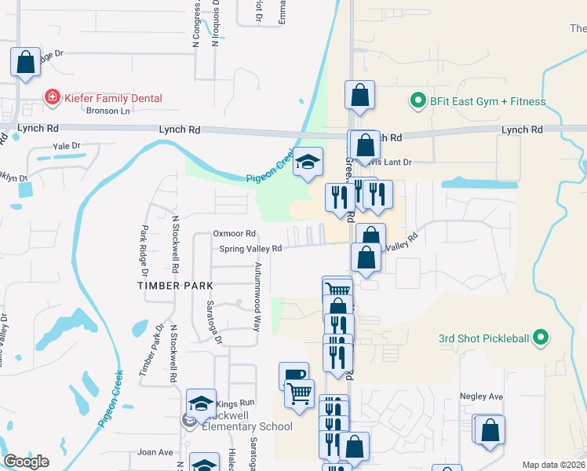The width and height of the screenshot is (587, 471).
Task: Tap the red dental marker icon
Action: [x=52, y=98]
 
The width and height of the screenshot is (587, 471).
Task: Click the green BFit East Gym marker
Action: [x=416, y=101]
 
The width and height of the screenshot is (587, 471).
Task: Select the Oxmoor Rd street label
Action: [x=235, y=234]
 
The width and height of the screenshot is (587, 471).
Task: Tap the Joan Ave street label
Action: [x=155, y=452]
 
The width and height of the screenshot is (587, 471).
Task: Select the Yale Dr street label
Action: [x=66, y=146]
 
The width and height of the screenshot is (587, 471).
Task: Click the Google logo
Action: [x=26, y=462]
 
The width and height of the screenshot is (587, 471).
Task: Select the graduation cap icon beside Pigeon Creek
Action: [x=308, y=162]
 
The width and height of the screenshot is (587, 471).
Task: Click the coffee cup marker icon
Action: [x=293, y=374]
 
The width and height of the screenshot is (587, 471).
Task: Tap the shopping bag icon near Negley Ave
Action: [x=490, y=429]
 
